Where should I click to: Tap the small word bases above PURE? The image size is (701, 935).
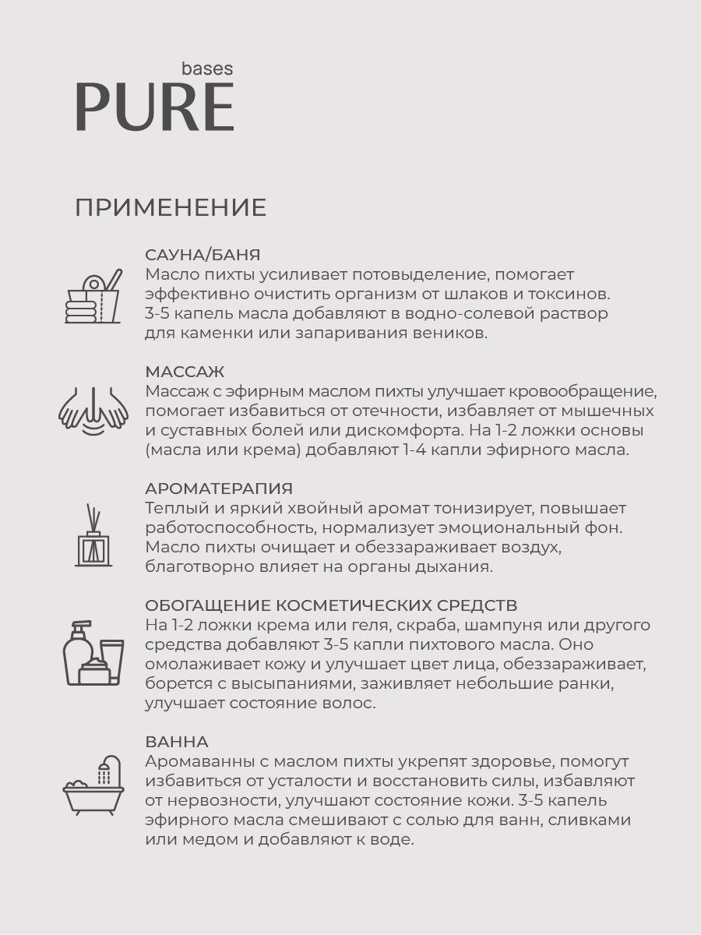point(207,69)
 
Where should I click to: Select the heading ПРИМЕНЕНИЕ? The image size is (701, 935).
point(171,208)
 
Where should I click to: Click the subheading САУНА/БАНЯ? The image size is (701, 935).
point(203,255)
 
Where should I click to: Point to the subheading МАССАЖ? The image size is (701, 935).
point(185,372)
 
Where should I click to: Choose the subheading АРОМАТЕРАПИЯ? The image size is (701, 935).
point(219,489)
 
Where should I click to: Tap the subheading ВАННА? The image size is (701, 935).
point(176,741)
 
